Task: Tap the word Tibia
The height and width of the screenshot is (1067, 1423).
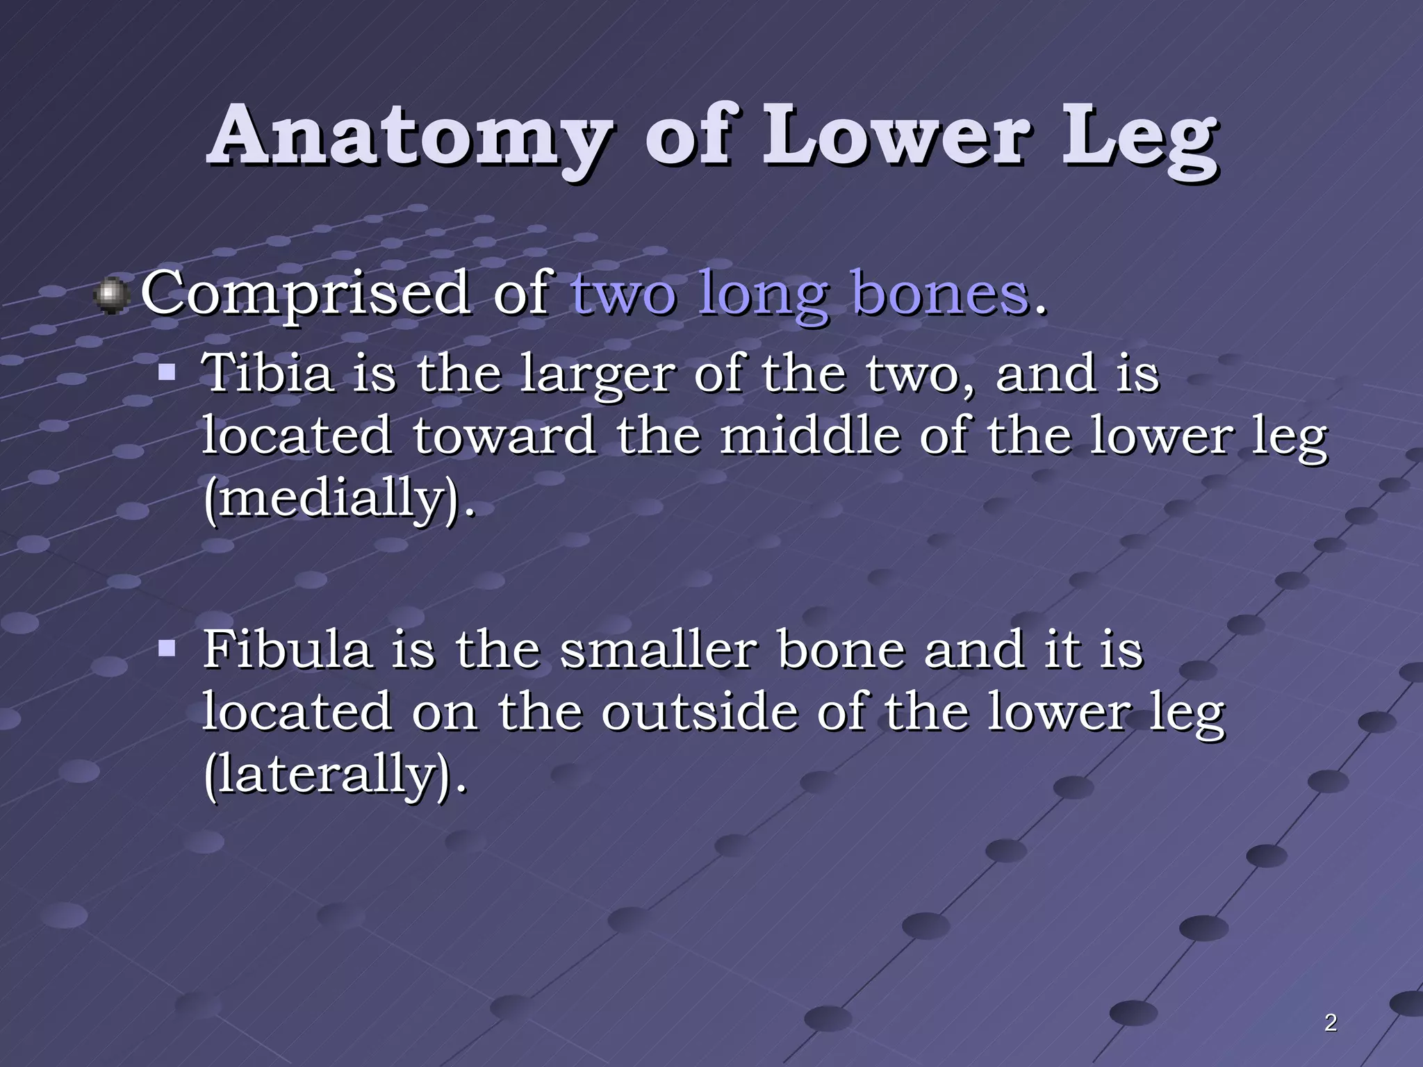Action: [268, 373]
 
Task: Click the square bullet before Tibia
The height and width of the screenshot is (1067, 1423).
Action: [166, 372]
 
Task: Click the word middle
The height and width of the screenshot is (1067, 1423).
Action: [809, 436]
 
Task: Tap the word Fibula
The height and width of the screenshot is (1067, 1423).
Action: [287, 650]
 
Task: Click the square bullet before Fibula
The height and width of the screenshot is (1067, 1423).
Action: [166, 650]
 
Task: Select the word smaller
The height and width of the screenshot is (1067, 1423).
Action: [659, 650]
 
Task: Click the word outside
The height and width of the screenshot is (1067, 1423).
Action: [699, 712]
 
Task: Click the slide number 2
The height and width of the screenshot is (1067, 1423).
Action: [1330, 1023]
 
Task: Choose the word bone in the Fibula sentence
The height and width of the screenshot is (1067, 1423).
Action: [841, 650]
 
